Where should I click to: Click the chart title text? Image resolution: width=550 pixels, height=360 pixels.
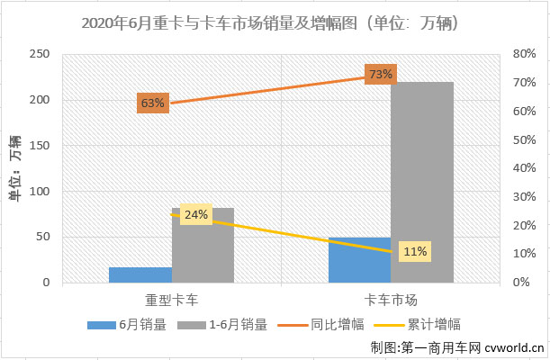(x=275, y=21)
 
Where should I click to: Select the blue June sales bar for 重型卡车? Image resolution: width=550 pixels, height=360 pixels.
(x=140, y=274)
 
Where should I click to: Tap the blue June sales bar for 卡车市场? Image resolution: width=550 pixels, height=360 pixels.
(x=359, y=260)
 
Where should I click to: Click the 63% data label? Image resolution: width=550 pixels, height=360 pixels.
(x=152, y=103)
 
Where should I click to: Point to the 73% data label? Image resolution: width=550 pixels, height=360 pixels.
(x=380, y=74)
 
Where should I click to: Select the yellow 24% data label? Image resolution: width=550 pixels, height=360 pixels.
(x=196, y=215)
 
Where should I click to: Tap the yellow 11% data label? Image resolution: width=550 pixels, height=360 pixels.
(x=415, y=251)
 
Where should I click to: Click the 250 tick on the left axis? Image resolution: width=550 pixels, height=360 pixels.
(x=39, y=54)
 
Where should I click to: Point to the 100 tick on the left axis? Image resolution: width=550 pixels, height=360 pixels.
(x=39, y=192)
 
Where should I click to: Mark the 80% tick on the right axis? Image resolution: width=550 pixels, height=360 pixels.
(x=525, y=54)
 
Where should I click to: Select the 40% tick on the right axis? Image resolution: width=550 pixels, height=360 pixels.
(x=525, y=168)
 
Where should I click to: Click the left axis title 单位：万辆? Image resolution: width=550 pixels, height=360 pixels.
(x=14, y=168)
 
